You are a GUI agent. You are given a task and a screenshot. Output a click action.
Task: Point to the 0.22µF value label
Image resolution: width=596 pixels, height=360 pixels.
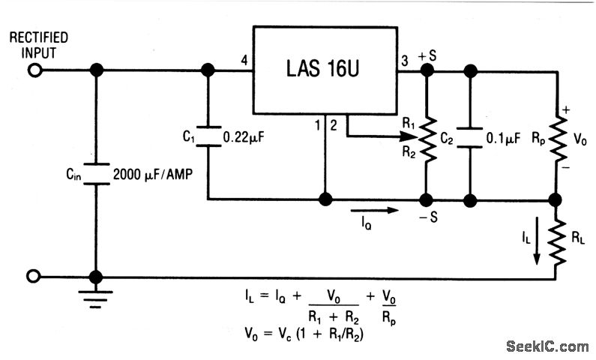point(244,138)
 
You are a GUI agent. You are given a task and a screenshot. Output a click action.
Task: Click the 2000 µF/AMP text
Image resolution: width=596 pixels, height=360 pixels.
point(154,174)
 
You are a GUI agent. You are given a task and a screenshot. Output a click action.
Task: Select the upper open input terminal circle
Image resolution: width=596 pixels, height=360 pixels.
point(33,70)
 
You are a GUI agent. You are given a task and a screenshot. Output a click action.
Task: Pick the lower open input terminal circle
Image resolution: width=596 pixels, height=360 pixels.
point(33,277)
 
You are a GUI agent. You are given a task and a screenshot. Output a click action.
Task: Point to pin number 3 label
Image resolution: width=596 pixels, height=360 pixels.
point(406,60)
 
